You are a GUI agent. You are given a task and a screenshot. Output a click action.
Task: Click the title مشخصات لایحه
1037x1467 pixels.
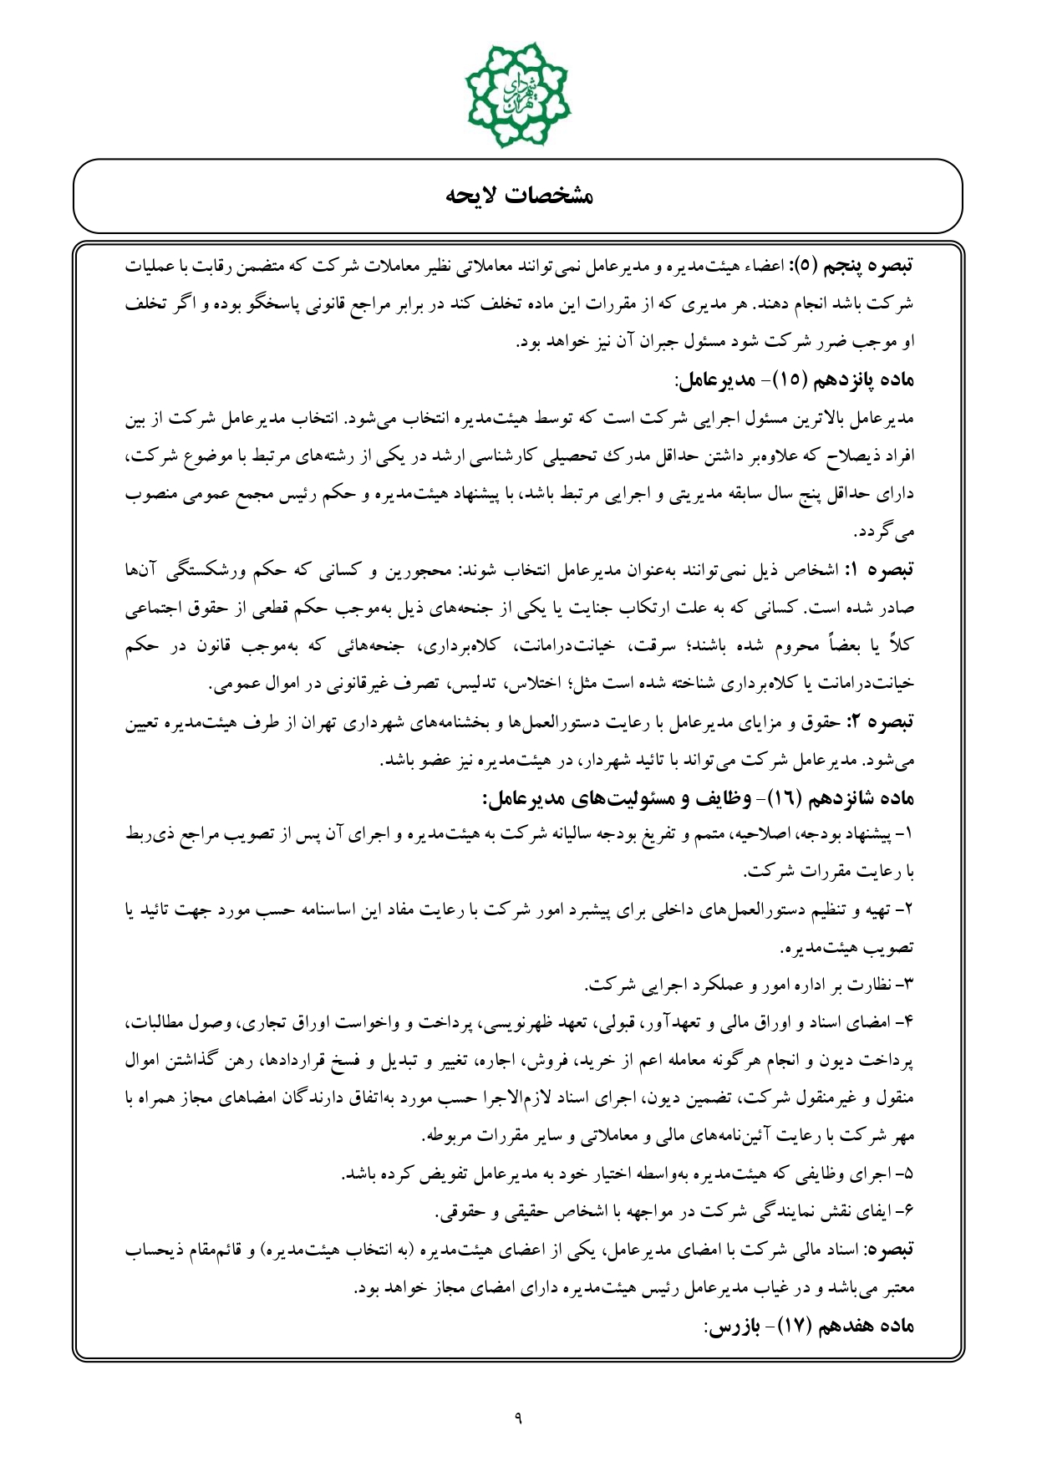pos(518,196)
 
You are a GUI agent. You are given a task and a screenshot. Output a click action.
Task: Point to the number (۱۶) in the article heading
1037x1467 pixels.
pos(782,798)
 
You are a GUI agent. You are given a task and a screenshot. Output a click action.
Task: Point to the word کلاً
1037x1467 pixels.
pos(902,646)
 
